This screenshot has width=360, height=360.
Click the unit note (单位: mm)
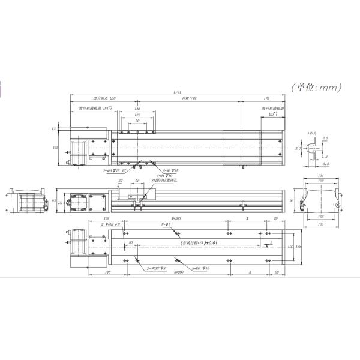click(x=316, y=87)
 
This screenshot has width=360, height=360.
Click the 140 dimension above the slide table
click(x=137, y=109)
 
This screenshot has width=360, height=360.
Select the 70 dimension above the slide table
click(x=137, y=121)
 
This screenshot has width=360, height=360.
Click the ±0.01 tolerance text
click(x=213, y=242)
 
